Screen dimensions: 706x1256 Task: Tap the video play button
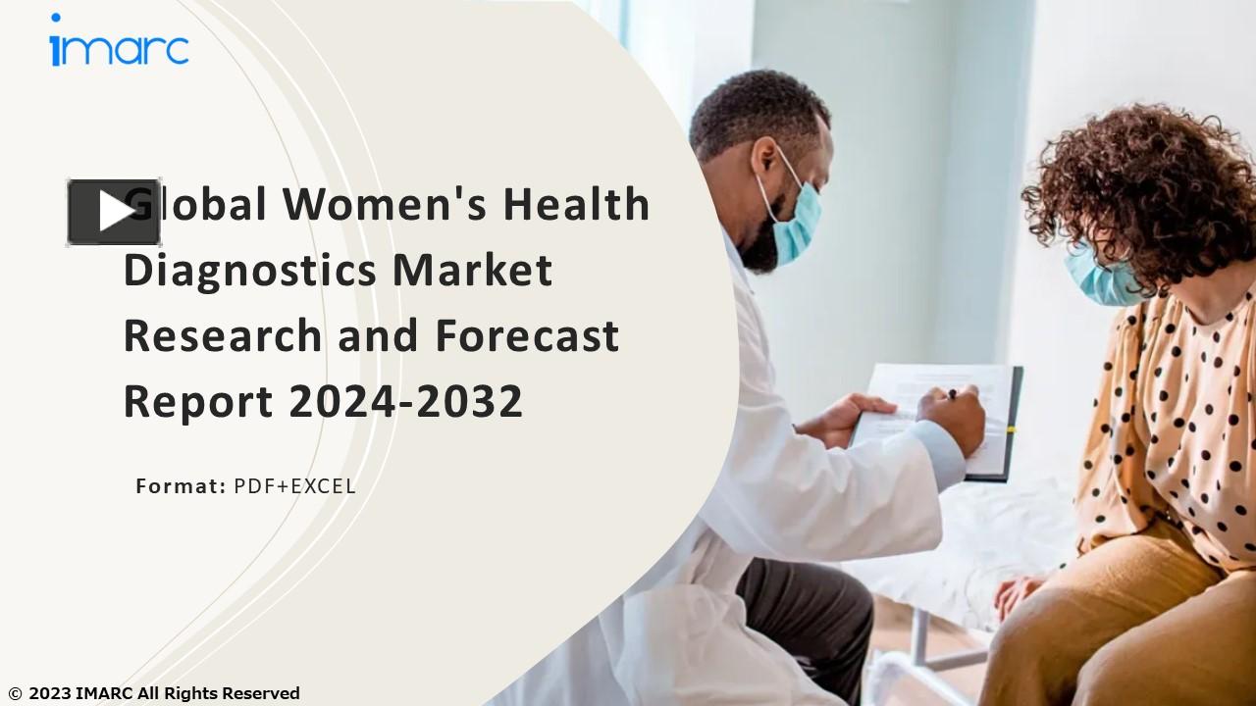114,212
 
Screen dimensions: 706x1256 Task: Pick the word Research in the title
223,336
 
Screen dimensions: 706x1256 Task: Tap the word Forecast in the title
527,336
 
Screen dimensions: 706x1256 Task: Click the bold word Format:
181,485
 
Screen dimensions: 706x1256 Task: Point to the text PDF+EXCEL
294,485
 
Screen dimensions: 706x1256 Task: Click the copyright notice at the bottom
153,694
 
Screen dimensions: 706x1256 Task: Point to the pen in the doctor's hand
950,394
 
